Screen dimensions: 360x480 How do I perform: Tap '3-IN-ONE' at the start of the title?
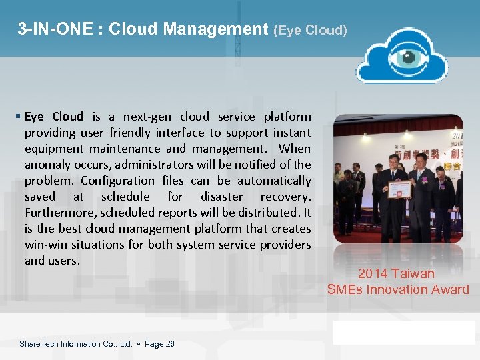pos(50,29)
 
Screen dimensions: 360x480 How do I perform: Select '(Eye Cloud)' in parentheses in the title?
pos(310,31)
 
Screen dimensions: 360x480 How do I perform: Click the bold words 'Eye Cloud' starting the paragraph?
pos(54,117)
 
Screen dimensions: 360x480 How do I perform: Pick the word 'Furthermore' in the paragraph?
pos(59,213)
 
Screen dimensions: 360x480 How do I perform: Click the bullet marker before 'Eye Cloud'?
pos(19,117)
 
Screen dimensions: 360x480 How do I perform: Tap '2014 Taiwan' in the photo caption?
pos(396,273)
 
